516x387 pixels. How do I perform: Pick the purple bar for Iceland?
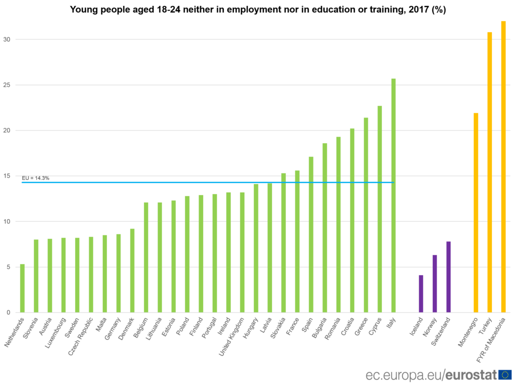click(x=421, y=294)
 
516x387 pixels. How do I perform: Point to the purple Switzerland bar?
click(x=448, y=277)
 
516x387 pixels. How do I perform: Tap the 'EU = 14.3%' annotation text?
click(x=35, y=178)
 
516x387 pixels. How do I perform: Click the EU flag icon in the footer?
click(x=505, y=374)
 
